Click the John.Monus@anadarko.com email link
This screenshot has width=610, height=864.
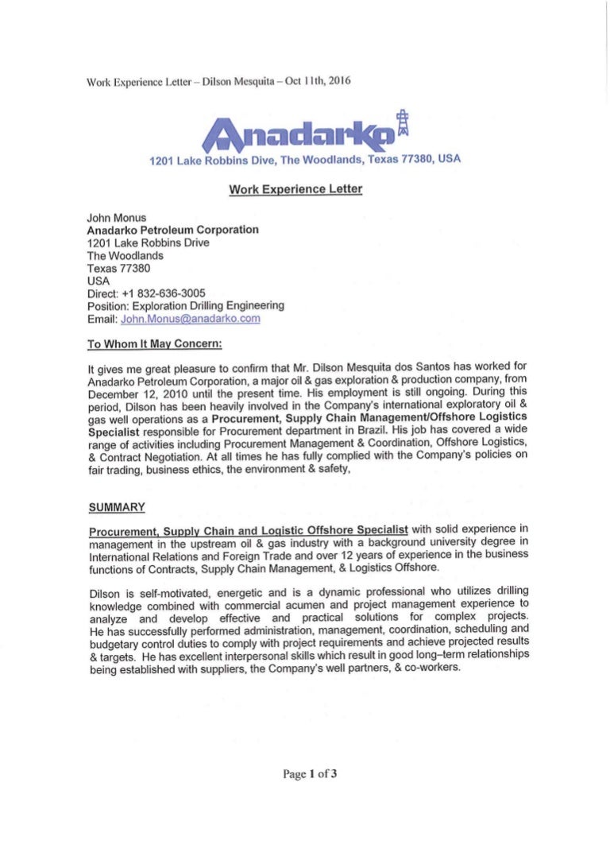190,318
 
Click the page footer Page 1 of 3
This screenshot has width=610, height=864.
311,773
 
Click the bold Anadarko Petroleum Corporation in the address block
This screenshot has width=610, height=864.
172,230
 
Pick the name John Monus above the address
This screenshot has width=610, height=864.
117,217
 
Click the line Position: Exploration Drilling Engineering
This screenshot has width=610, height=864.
185,305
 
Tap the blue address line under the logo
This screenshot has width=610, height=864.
305,160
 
